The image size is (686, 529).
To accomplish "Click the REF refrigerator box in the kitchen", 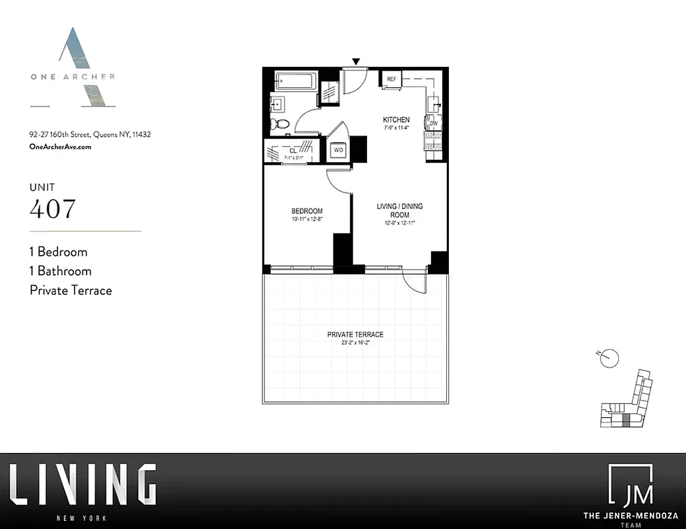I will (x=392, y=79).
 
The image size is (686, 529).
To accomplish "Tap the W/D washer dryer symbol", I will (x=339, y=150).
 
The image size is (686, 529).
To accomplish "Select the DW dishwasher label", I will (x=433, y=124).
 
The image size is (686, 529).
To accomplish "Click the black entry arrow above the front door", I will (x=356, y=61).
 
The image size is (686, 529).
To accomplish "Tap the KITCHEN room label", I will (x=396, y=120).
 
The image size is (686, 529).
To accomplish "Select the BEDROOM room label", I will (x=306, y=212).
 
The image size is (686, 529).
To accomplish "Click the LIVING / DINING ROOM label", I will (x=399, y=210).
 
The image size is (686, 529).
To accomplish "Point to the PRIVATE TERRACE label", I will (x=355, y=335).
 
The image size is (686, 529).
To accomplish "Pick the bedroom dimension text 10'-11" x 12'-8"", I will (x=306, y=220).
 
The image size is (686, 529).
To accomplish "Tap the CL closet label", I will (x=292, y=151).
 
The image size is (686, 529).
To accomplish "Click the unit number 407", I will (x=53, y=209).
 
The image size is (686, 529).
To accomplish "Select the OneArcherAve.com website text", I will (x=61, y=147).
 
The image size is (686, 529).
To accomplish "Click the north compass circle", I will (x=611, y=358).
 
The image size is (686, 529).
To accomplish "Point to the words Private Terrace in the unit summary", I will (x=71, y=290).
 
